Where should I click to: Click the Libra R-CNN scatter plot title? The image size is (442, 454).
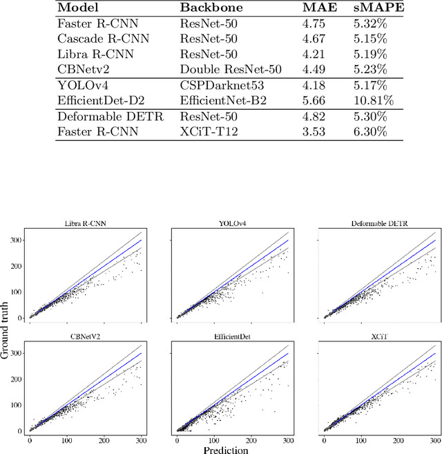point(86,223)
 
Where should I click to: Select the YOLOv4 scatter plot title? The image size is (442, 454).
point(233,223)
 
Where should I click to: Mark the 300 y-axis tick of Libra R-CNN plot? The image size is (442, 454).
point(15,240)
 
